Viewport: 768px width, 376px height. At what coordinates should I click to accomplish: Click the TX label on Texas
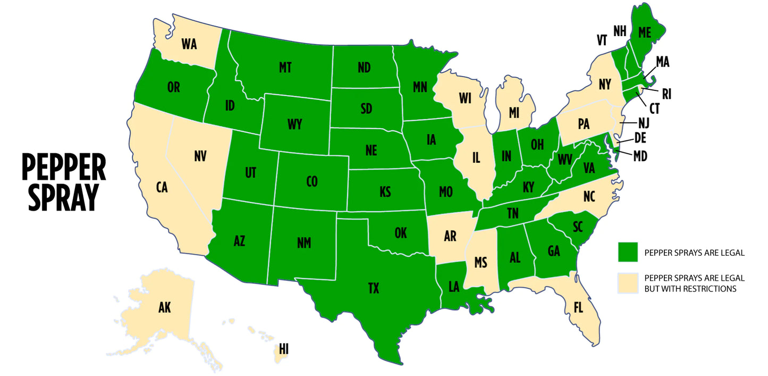tap(374, 288)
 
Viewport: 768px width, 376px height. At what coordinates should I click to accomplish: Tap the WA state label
tap(189, 44)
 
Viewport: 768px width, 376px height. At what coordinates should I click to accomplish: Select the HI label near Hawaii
tap(284, 349)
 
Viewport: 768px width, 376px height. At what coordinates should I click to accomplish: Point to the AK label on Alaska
tap(165, 307)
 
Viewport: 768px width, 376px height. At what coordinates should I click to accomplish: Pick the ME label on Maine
tap(644, 32)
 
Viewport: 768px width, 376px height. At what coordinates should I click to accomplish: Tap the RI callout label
tap(666, 94)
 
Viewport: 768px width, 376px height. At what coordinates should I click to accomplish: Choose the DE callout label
tap(640, 138)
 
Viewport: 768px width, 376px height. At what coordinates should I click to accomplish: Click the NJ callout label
tap(644, 123)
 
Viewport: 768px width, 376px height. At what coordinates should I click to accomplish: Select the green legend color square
tap(628, 252)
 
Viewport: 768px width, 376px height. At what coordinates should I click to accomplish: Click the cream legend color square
tap(628, 283)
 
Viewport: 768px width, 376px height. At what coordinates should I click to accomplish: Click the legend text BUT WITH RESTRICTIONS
tap(690, 289)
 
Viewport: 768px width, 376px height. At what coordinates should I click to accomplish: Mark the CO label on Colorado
tap(312, 181)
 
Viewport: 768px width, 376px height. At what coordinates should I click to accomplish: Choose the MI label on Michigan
tap(513, 113)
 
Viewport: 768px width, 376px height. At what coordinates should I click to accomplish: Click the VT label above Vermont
tap(602, 40)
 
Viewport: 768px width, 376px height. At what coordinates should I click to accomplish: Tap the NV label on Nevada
tap(200, 156)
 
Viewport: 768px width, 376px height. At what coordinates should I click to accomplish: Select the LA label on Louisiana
tap(453, 287)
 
